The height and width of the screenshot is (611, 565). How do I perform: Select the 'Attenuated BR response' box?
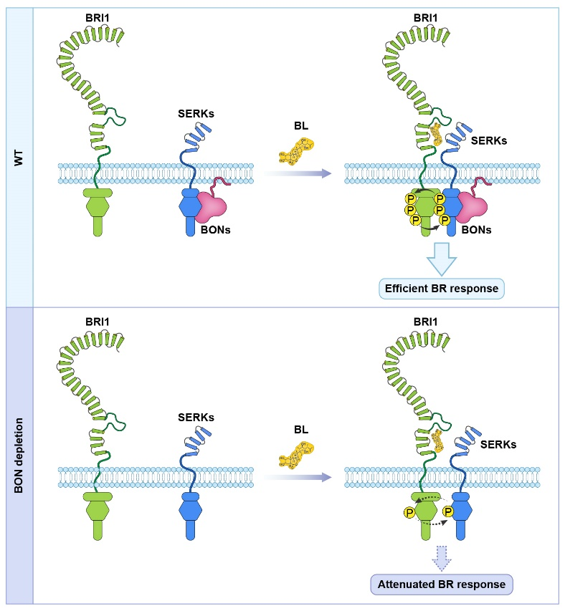pos(441,584)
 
